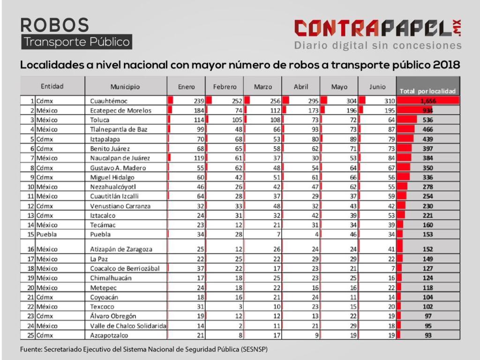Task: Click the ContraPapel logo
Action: [378, 28]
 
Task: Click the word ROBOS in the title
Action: [54, 24]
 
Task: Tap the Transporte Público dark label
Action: [76, 42]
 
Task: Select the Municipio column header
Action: [125, 87]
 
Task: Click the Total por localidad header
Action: [427, 91]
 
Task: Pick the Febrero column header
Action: [225, 87]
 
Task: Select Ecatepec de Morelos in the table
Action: [120, 111]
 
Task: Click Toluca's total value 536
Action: [427, 120]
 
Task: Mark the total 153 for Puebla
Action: [427, 234]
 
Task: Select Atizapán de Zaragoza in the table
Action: [121, 249]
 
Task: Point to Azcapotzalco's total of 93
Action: [427, 335]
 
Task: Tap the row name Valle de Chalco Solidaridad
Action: [128, 326]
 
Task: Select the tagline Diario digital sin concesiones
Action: [378, 45]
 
